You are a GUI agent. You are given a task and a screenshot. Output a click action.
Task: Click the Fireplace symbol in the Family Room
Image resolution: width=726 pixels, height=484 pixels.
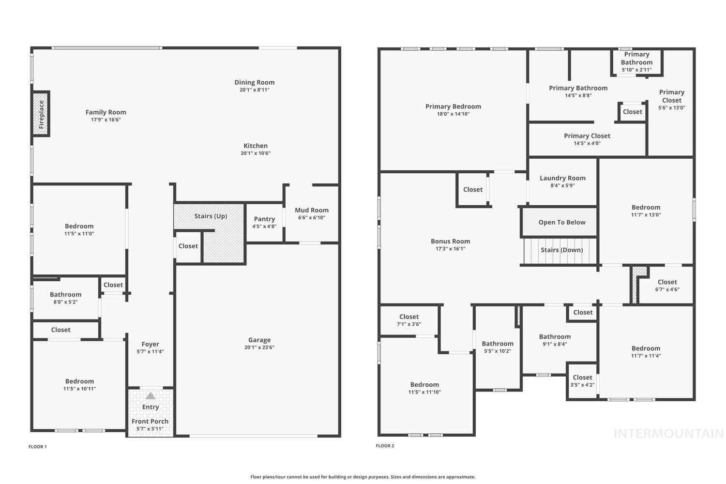coord(41,114)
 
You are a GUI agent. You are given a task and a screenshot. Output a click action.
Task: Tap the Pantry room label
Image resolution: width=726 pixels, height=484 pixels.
coord(264,219)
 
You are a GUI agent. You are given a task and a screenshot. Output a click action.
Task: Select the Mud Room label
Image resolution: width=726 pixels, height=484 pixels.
coord(312,210)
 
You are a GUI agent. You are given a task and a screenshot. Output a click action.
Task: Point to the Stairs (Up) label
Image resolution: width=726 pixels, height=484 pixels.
coord(211,216)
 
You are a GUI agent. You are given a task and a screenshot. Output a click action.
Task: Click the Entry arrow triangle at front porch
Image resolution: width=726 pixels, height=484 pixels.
coord(151,395)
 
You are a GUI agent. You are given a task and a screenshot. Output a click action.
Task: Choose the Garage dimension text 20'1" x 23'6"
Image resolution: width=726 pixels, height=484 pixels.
coord(259,348)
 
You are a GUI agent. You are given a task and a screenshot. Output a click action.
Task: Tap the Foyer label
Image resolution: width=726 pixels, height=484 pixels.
coord(150,344)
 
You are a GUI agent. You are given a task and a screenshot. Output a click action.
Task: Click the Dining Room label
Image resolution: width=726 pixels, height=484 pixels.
coord(255,82)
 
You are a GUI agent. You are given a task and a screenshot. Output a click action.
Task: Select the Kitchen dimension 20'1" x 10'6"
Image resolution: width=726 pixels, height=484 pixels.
coord(256,153)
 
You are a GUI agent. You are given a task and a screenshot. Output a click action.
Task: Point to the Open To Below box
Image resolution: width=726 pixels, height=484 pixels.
coord(561,222)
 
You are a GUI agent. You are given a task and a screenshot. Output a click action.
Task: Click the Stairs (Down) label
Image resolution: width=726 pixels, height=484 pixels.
coord(561,250)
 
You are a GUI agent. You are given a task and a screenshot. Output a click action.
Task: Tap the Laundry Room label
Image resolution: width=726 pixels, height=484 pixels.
coord(562,178)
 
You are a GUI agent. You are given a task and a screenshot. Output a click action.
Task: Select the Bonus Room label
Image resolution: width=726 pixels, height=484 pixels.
coord(451,241)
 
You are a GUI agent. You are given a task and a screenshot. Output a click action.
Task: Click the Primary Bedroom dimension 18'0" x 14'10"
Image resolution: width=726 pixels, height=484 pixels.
coord(453,114)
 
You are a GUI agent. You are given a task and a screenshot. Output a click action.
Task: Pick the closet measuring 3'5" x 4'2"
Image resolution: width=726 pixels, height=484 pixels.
coord(582,381)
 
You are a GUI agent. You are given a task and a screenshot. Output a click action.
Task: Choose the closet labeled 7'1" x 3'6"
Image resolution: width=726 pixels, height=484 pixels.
coord(409,320)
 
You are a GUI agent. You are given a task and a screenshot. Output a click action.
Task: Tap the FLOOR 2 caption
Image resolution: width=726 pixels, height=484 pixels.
coord(385,446)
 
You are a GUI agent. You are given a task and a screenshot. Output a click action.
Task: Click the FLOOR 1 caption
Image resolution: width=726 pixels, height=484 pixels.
coord(38,447)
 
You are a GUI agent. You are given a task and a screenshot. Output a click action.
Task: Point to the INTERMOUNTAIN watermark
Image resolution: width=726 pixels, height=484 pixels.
coord(668,434)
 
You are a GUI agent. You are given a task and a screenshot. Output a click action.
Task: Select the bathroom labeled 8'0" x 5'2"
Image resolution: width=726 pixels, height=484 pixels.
coord(65,298)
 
